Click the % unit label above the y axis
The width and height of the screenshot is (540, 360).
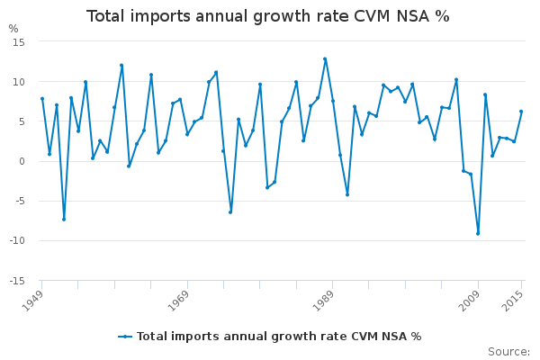pyautogui.click(x=13, y=29)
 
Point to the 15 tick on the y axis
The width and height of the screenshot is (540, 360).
pyautogui.click(x=18, y=42)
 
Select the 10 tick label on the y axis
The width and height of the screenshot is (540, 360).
pyautogui.click(x=18, y=82)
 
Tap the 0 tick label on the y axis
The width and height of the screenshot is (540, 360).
pyautogui.click(x=21, y=161)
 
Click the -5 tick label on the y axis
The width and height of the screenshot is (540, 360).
pyautogui.click(x=19, y=202)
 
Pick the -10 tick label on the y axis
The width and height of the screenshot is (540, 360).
pyautogui.click(x=16, y=241)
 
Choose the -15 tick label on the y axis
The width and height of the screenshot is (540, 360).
pyautogui.click(x=16, y=281)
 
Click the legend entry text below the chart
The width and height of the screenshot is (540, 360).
pyautogui.click(x=279, y=337)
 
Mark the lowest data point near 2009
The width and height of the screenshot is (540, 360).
pyautogui.click(x=478, y=234)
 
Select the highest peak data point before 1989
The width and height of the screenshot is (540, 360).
pyautogui.click(x=325, y=59)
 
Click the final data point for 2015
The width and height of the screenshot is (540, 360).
pyautogui.click(x=521, y=112)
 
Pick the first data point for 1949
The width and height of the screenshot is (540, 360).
pyautogui.click(x=42, y=99)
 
